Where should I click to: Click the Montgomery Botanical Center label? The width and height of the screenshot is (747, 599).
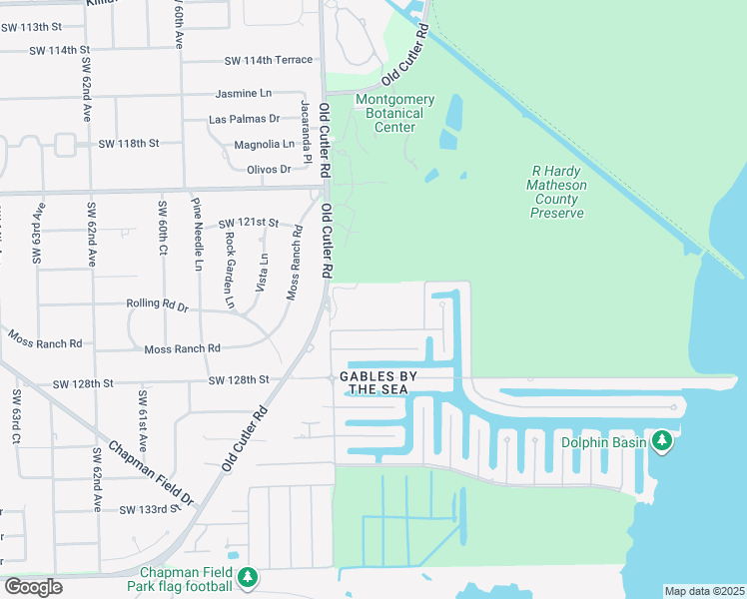(395, 113)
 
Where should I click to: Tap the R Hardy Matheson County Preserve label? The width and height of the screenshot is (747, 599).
(557, 192)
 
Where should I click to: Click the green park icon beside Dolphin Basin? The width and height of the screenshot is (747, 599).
(661, 441)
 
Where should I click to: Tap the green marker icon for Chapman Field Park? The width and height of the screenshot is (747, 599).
(248, 578)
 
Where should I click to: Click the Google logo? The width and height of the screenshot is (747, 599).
(33, 587)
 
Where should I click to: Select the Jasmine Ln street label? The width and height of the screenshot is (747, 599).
(244, 94)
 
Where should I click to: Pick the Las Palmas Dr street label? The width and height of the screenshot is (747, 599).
(238, 120)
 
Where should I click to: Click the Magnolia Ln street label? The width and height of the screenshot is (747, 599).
(264, 145)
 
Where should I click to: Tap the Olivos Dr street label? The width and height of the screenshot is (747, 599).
(269, 170)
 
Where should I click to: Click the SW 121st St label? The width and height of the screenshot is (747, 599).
(247, 222)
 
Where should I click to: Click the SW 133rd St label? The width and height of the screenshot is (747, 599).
(150, 509)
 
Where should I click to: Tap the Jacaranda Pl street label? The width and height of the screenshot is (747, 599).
(307, 133)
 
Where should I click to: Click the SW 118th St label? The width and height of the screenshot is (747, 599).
(129, 144)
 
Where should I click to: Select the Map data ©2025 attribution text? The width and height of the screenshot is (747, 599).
(703, 590)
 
